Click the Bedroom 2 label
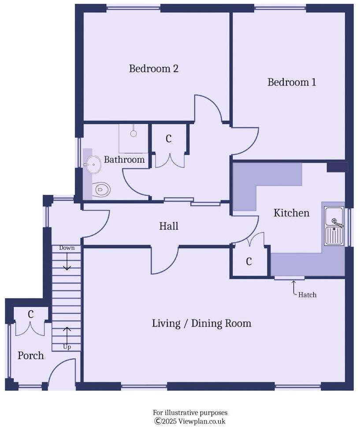click(153, 69)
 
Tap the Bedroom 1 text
click(292, 82)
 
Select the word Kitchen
click(291, 213)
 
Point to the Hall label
click(168, 226)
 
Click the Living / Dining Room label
click(201, 323)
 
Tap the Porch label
click(31, 356)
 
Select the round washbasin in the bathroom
click(93, 165)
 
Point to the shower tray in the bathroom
click(134, 138)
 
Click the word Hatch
click(307, 295)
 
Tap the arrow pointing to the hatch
click(293, 286)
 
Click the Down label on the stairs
click(67, 248)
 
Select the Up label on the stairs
click(67, 347)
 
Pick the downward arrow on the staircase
click(67, 263)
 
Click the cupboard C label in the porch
click(31, 314)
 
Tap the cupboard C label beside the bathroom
click(168, 139)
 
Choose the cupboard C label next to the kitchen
click(249, 262)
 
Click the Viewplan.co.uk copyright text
click(190, 421)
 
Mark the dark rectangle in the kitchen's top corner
click(337, 167)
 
